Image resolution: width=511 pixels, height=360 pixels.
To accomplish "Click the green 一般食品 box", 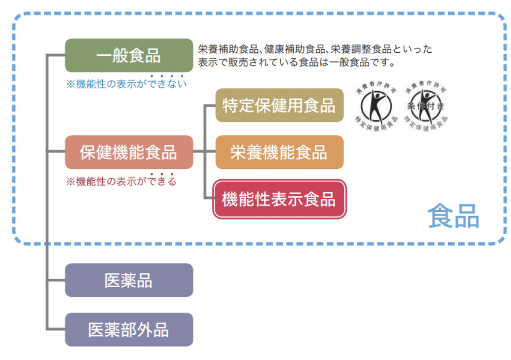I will pos(129,55).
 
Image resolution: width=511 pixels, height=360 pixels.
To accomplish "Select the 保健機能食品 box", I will pos(129,152).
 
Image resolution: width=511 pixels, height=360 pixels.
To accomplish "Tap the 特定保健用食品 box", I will pos(279,105).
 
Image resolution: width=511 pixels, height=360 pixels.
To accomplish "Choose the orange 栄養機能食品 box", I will pos(279,152).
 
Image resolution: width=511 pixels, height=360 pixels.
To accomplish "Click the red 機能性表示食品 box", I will pos(279,199).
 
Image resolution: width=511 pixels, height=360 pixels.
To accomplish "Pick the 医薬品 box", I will pos(129,280).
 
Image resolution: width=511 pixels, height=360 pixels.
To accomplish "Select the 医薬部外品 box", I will pos(129,330).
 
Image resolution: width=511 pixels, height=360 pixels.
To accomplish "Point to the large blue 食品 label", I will pos(453,217).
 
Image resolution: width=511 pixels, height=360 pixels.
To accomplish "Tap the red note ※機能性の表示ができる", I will pos(121,181).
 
